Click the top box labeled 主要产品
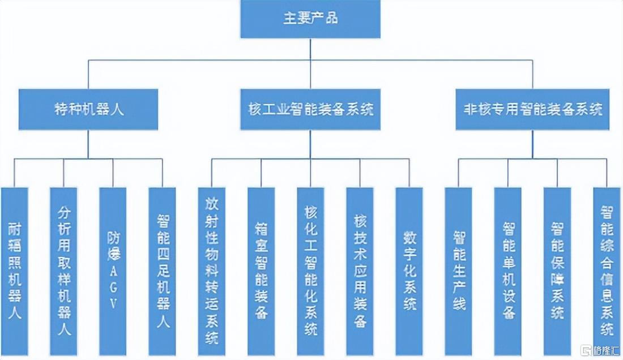[x=310, y=19]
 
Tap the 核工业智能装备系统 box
[x=310, y=109]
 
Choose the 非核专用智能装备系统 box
[x=532, y=109]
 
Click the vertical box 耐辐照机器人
[x=14, y=272]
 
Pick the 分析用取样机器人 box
[x=63, y=272]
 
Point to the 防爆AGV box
[x=113, y=272]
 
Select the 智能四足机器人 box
[x=162, y=272]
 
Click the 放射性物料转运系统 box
[x=211, y=272]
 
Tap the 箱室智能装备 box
[x=261, y=272]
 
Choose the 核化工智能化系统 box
[x=310, y=272]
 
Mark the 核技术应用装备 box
[x=360, y=272]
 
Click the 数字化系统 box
[x=409, y=272]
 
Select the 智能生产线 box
[x=458, y=272]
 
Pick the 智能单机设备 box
[x=507, y=272]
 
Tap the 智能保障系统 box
[x=557, y=272]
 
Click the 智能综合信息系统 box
[x=606, y=272]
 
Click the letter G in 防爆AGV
[x=113, y=287]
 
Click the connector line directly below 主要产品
[x=310, y=48]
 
